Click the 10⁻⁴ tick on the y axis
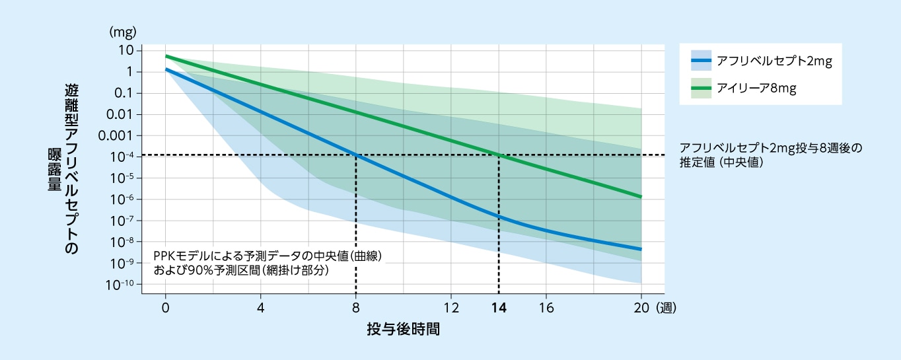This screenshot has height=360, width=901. click(123, 157)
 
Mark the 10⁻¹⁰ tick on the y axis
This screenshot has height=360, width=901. click(122, 285)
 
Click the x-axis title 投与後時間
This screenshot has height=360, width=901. click(403, 329)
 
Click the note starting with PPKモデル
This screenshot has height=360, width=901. click(268, 262)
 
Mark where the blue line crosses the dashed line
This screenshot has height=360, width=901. click(356, 155)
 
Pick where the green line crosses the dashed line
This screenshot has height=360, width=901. click(499, 155)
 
